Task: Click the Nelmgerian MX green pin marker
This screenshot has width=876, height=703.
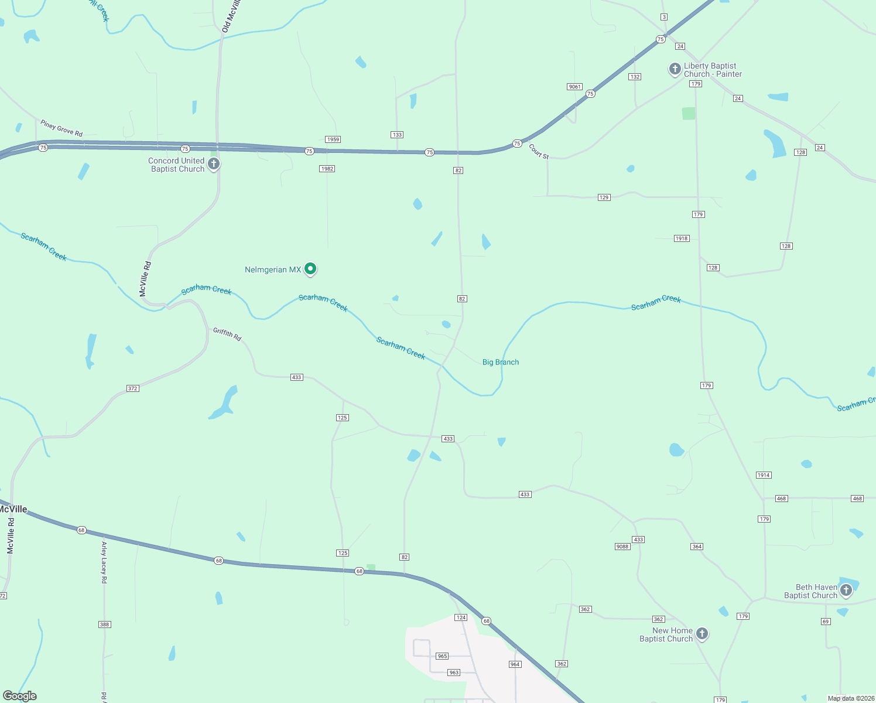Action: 311,269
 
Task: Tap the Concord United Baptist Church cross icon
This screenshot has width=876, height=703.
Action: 214,164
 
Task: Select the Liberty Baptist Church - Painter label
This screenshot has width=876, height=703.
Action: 713,70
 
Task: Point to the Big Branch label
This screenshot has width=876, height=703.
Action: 501,362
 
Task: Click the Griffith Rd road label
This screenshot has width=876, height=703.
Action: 227,335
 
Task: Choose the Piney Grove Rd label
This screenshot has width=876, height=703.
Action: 61,128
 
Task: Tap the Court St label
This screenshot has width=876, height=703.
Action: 539,152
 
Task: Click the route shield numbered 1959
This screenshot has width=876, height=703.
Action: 333,139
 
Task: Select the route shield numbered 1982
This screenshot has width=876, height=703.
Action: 327,169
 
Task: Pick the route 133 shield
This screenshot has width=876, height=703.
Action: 397,135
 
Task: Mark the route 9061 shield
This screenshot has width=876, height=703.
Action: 574,87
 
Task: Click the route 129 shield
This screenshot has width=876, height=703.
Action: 604,197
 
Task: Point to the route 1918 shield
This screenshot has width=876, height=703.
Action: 682,238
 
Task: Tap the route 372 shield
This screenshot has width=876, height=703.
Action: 133,388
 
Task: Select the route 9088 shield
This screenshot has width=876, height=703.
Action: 622,547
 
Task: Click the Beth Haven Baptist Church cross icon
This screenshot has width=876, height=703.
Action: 846,590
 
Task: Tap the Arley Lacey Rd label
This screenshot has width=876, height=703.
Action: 104,562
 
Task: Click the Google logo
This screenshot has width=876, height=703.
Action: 19,696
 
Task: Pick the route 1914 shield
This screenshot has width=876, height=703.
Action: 764,475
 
